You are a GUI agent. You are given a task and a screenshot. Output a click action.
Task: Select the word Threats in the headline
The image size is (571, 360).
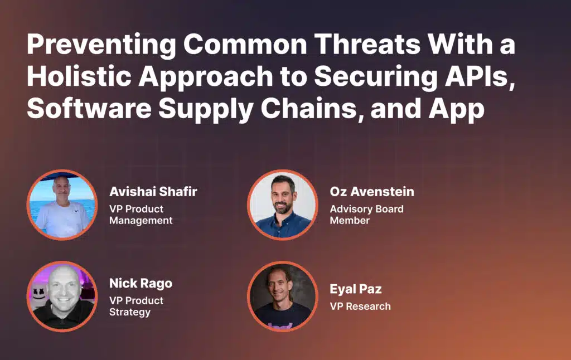coord(367,44)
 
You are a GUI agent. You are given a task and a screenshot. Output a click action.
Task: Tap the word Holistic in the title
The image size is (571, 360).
coord(79,76)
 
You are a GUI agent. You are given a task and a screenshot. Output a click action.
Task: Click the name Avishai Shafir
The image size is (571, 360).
coord(153,192)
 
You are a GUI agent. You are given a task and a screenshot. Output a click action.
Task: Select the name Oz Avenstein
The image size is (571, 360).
coord(372,192)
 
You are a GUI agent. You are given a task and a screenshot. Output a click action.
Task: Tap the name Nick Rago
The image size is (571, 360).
coord(141,284)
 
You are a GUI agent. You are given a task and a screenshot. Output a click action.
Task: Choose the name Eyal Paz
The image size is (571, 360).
coord(356,289)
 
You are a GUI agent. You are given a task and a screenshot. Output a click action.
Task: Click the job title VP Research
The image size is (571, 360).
coord(361,307)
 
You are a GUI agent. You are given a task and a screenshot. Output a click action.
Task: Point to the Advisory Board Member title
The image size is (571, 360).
coord(367,215)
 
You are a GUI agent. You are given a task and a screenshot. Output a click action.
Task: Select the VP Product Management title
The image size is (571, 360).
coord(141,215)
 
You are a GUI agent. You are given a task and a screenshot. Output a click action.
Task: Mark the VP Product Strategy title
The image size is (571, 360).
coord(137,307)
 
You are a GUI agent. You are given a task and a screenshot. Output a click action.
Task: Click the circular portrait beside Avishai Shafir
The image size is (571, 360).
coord(62,205)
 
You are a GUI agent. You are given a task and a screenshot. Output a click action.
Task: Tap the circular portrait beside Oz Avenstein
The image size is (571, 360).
coord(283,205)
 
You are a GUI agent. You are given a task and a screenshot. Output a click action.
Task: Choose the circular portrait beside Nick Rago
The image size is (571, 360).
coord(62,296)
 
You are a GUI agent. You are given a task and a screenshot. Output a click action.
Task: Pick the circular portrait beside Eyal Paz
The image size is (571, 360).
coord(283,296)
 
